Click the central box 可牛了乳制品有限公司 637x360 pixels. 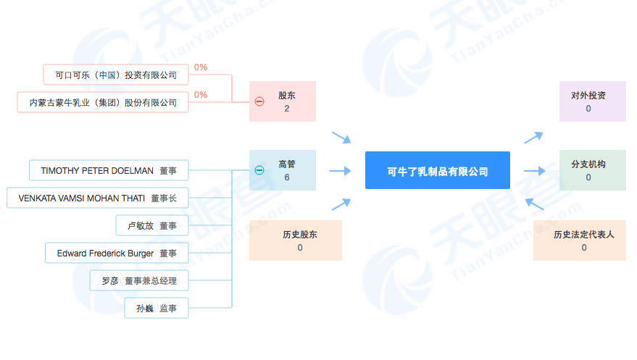pyautogui.click(x=438, y=170)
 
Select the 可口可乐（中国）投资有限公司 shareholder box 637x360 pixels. pyautogui.click(x=116, y=75)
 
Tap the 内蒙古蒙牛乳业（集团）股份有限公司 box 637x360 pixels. pyautogui.click(x=103, y=102)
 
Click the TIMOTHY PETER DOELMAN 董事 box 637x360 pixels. pyautogui.click(x=109, y=170)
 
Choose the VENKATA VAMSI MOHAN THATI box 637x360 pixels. pyautogui.click(x=98, y=198)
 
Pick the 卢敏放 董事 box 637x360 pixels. pyautogui.click(x=152, y=226)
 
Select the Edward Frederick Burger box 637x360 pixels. pyautogui.click(x=117, y=254)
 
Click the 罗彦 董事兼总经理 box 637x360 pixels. pyautogui.click(x=139, y=280)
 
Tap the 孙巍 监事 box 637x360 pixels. pyautogui.click(x=157, y=308)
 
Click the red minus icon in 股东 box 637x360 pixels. pyautogui.click(x=259, y=101)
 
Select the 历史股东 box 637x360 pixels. pyautogui.click(x=296, y=240)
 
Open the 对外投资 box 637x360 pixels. pyautogui.click(x=592, y=101)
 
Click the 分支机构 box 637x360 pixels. pyautogui.click(x=592, y=170)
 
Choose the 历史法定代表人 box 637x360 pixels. pyautogui.click(x=579, y=240)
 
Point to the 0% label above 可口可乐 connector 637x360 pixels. pyautogui.click(x=201, y=67)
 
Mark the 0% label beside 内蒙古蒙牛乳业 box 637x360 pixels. pyautogui.click(x=201, y=95)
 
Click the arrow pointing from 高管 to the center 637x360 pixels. pyautogui.click(x=341, y=171)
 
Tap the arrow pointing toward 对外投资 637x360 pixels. pyautogui.click(x=533, y=138)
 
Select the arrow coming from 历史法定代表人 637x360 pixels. pyautogui.click(x=534, y=204)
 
